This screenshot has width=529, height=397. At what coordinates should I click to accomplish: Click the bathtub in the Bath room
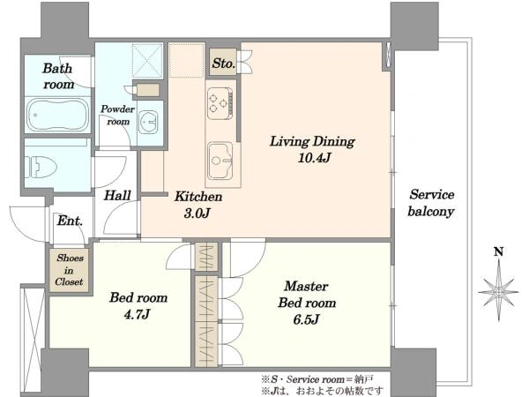[x=57, y=115]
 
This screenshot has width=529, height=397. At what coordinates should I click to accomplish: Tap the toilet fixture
[x=41, y=167]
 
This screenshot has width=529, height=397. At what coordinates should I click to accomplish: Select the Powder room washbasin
[x=148, y=122]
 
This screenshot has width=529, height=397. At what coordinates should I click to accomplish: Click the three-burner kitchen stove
[x=220, y=103]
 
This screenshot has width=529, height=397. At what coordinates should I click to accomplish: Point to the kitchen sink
[x=220, y=161]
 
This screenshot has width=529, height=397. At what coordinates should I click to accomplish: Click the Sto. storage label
[x=223, y=64]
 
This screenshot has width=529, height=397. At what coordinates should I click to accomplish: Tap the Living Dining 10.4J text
[x=312, y=149]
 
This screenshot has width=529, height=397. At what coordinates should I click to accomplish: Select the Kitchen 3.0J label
[x=198, y=205]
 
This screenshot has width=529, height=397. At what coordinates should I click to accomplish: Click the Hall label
[x=117, y=196]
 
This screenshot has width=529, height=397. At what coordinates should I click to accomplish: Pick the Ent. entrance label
[x=70, y=221]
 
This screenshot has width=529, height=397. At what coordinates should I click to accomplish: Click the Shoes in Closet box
[x=69, y=270]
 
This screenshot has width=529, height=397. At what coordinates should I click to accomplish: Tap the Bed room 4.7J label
[x=138, y=306]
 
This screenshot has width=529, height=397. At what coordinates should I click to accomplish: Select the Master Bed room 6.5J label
[x=307, y=303]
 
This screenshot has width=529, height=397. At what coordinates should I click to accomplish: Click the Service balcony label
[x=431, y=203]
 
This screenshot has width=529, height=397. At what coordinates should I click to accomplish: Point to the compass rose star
[x=499, y=291]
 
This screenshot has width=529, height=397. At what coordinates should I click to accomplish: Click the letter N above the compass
[x=499, y=251]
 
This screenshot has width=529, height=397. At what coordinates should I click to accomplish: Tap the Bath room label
[x=58, y=76]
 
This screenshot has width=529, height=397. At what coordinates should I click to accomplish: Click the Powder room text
[x=118, y=115]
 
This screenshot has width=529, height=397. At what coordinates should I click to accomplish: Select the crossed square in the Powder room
[x=147, y=61]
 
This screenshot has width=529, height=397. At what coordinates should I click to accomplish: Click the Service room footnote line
[x=317, y=379]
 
